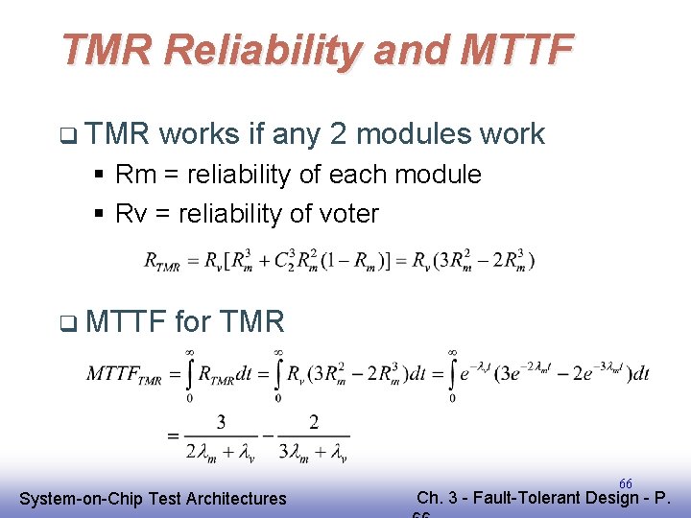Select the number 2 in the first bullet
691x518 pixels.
pos(338,134)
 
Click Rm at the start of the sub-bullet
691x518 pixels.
pos(131,175)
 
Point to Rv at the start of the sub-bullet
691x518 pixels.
pos(130,213)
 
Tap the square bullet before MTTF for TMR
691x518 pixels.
pos(64,321)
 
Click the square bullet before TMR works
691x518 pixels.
pos(64,135)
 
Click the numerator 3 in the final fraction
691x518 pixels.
pos(221,422)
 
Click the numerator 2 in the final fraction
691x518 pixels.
pos(314,422)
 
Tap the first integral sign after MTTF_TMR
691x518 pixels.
pos(190,373)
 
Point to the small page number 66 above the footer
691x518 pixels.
pos(625,483)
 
